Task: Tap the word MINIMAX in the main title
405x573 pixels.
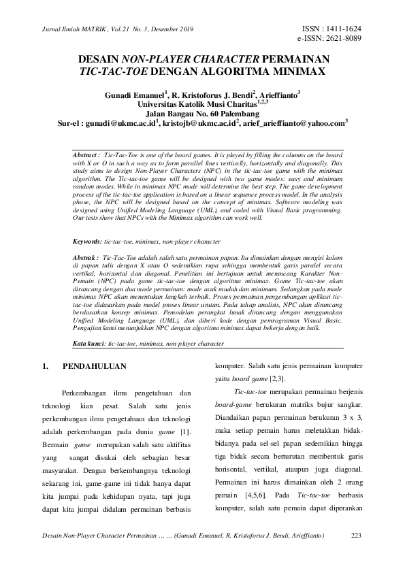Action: (x=285, y=71)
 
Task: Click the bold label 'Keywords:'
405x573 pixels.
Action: (x=88, y=242)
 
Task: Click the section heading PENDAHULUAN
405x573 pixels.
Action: (x=95, y=367)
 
